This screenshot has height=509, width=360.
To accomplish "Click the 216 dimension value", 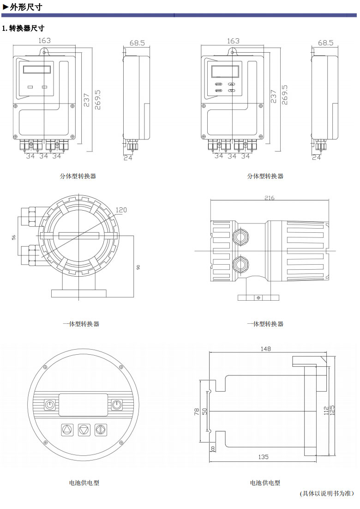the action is click(x=269, y=198).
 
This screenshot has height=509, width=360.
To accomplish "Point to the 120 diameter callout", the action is click(x=121, y=210).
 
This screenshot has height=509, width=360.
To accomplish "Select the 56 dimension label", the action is click(x=14, y=237).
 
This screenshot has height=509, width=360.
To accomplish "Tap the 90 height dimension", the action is click(x=138, y=267).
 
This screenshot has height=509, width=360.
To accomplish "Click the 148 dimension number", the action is click(x=266, y=349).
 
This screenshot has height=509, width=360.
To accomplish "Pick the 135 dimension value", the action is click(x=264, y=457).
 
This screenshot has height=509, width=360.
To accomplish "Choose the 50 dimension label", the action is click(x=204, y=412).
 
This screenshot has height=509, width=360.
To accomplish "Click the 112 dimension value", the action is click(x=326, y=410).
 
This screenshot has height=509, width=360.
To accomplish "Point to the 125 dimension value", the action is click(x=332, y=410).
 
